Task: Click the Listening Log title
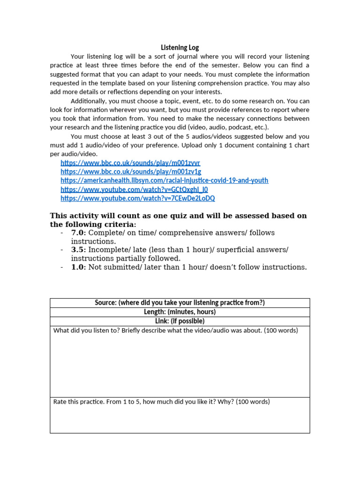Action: pos(180,47)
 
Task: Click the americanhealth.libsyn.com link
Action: pos(164,180)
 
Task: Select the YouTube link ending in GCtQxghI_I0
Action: pos(134,189)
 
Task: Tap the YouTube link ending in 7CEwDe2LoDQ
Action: pos(138,198)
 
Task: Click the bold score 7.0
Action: pos(78,233)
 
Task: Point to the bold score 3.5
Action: pos(78,250)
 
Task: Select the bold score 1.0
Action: pos(78,267)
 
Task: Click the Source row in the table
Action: pos(180,303)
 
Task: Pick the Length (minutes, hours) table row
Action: pos(180,312)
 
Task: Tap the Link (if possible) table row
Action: pos(180,322)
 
